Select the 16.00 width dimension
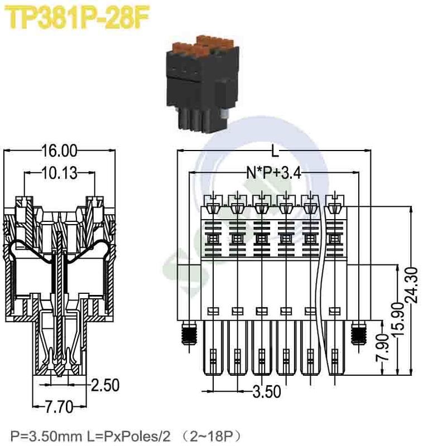(59, 151)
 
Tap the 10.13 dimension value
(59, 173)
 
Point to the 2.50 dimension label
(106, 385)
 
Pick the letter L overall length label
(275, 151)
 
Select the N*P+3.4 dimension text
(273, 173)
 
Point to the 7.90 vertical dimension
(382, 348)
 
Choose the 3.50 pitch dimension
(266, 391)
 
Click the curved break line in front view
(320, 290)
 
